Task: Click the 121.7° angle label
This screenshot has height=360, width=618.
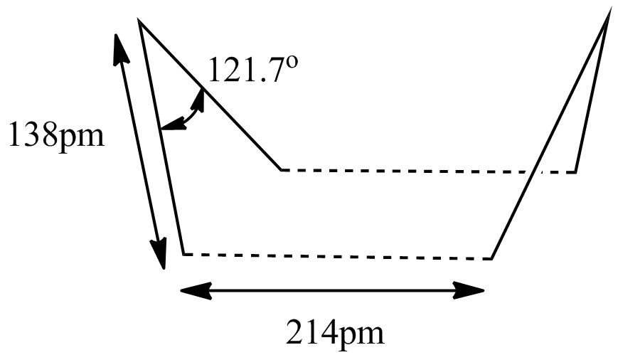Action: [x=252, y=69]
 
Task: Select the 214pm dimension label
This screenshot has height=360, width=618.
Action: [x=335, y=332]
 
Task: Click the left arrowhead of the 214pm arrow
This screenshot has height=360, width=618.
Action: [x=196, y=290]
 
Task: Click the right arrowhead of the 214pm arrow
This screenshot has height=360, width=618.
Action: [x=469, y=290]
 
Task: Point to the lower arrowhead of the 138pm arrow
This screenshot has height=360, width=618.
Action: [x=159, y=253]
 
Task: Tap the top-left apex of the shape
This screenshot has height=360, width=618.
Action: [x=139, y=20]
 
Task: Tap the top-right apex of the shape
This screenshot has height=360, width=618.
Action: [x=609, y=15]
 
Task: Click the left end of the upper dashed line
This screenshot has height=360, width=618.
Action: [x=281, y=170]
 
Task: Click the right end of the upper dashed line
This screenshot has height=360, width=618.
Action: [x=575, y=172]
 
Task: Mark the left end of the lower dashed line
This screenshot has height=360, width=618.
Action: [x=183, y=254]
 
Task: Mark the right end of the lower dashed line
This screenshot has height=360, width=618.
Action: [x=491, y=259]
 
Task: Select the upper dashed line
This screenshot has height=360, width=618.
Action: [x=428, y=171]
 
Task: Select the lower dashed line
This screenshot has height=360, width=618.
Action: [x=337, y=257]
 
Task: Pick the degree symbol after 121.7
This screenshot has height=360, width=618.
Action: [x=292, y=62]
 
